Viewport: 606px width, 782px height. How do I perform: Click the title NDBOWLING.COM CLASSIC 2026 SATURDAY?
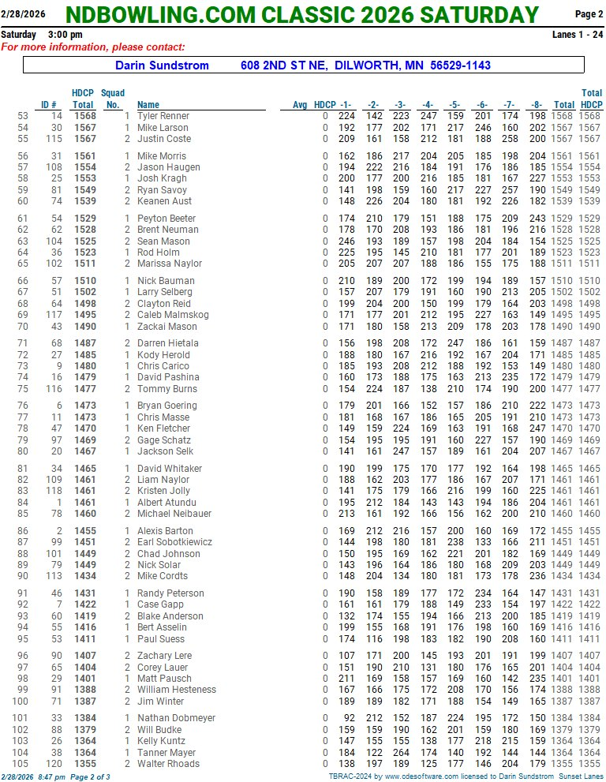click(x=302, y=14)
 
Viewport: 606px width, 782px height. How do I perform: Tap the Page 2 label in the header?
click(x=589, y=14)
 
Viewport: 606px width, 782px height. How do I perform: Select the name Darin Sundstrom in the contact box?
click(x=162, y=65)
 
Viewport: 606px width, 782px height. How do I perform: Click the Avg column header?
click(x=300, y=104)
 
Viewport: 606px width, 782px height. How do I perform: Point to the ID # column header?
click(x=49, y=104)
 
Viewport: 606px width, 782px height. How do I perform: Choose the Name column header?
click(x=148, y=104)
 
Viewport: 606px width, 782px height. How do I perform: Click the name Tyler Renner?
click(x=163, y=116)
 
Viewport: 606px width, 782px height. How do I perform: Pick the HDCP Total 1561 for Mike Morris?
click(x=84, y=156)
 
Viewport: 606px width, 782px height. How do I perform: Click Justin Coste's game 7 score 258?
click(x=510, y=139)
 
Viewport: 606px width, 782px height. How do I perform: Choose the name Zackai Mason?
click(x=166, y=326)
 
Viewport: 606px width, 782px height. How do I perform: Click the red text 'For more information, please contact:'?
click(x=93, y=47)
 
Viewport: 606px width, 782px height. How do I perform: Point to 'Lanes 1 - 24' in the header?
click(x=578, y=36)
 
